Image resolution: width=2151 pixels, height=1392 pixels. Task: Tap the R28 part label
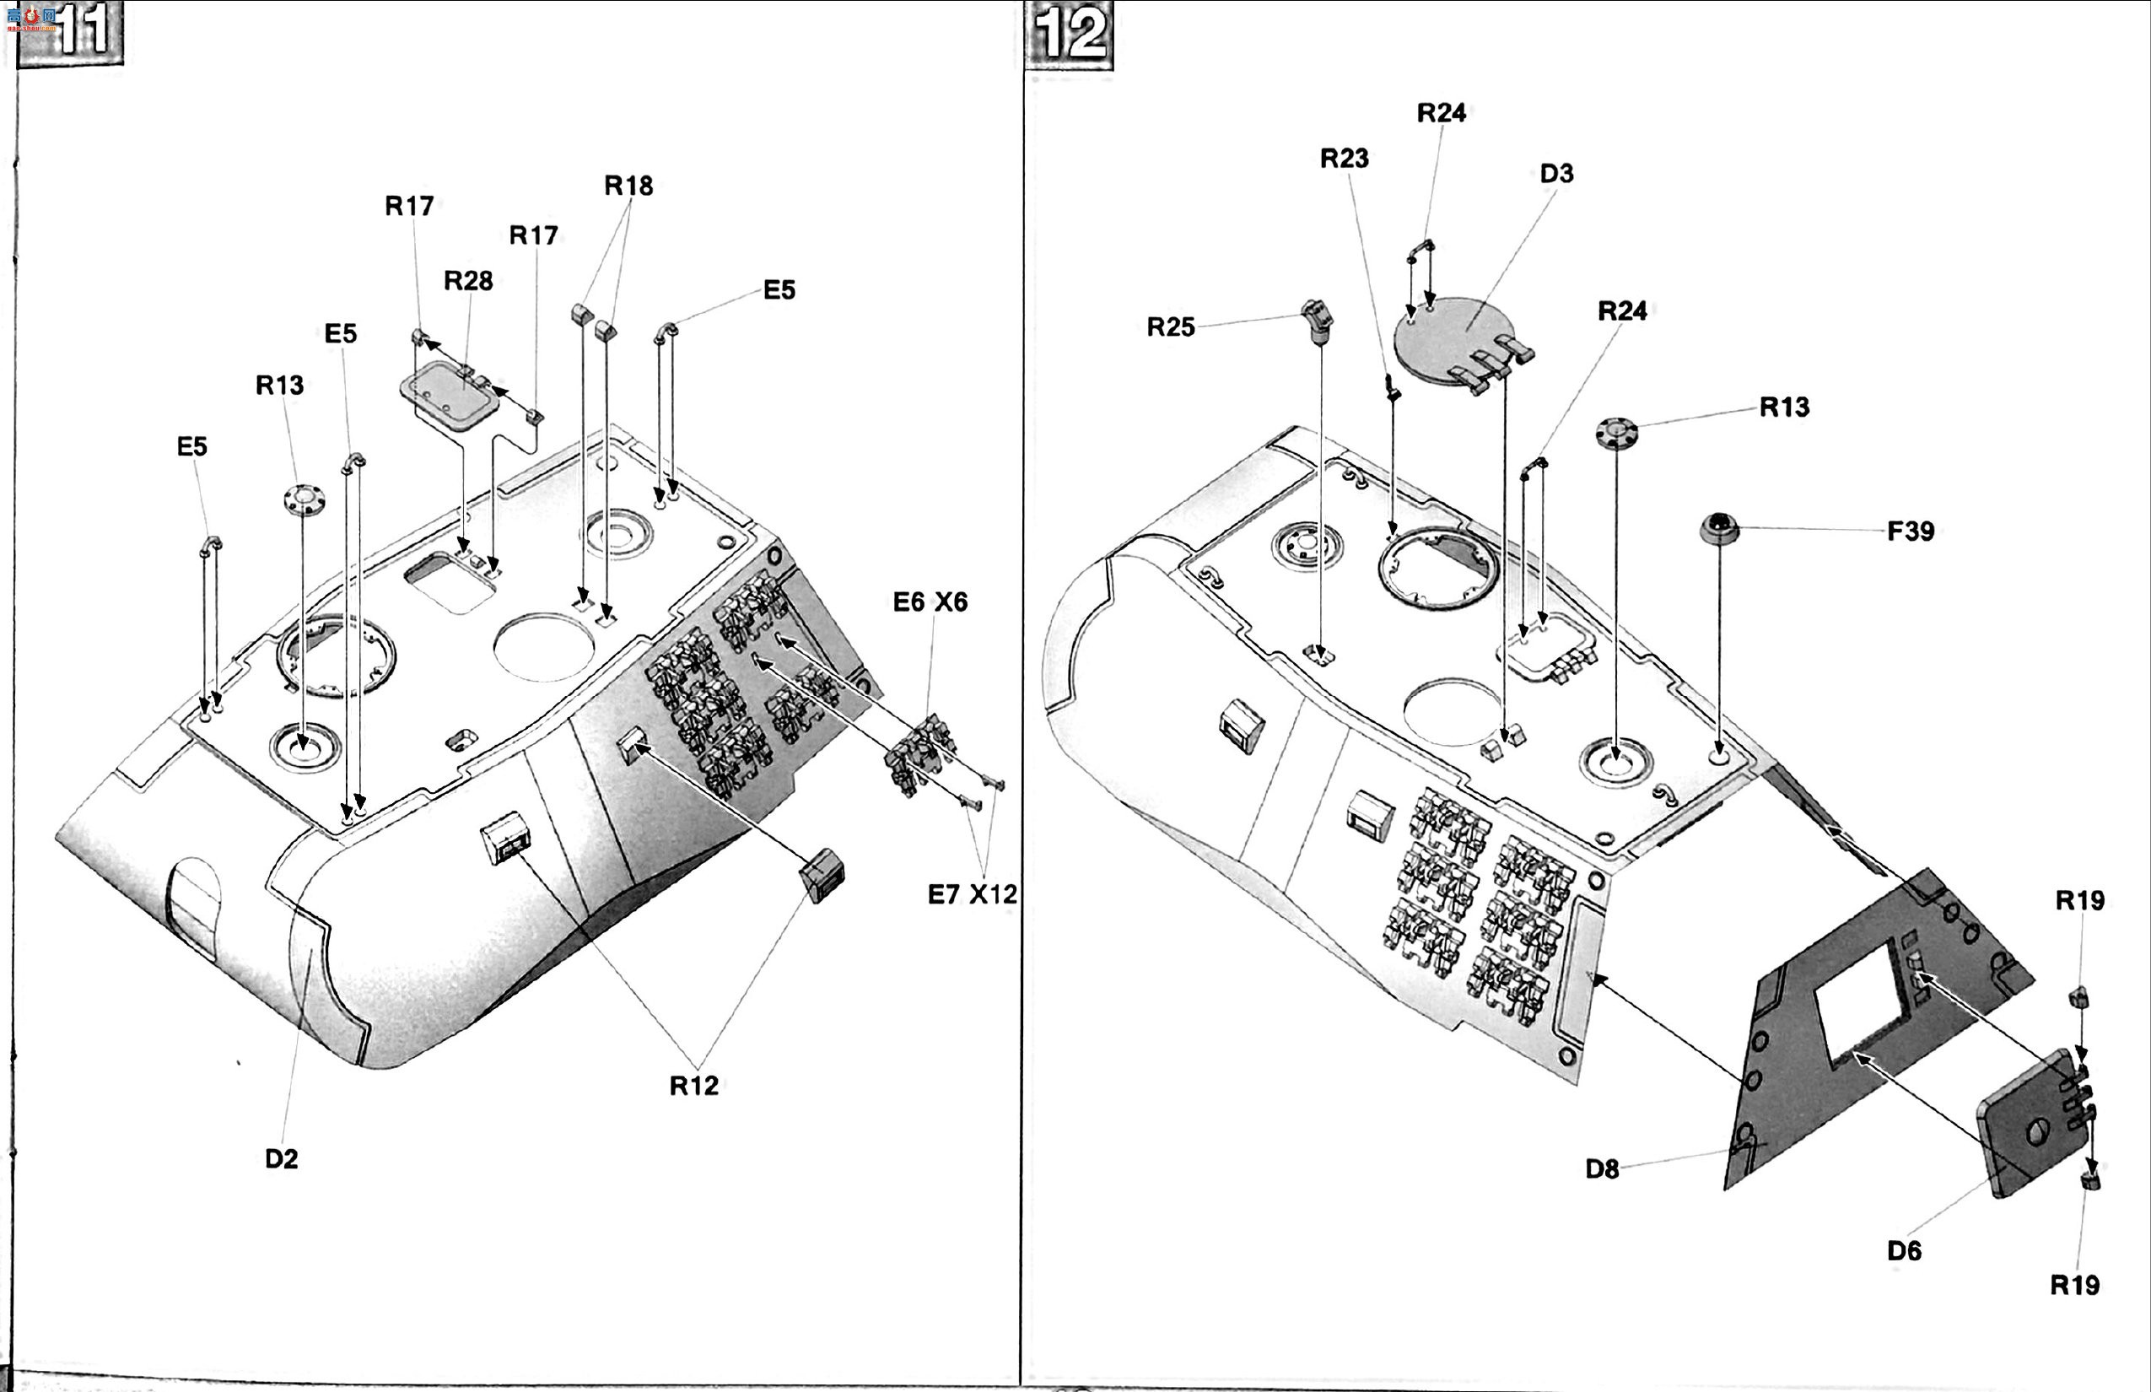click(x=468, y=281)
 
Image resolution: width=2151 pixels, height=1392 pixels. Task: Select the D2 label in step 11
click(x=281, y=1159)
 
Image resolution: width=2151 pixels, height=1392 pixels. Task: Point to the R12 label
click(x=694, y=1086)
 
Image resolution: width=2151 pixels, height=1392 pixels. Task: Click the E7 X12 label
click(x=973, y=894)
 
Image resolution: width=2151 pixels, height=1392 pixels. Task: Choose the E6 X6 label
click(x=930, y=602)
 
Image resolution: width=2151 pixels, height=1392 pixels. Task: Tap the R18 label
click(x=628, y=186)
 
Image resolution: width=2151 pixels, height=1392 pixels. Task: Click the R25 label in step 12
click(x=1171, y=326)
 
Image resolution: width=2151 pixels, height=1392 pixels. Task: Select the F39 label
click(x=1911, y=531)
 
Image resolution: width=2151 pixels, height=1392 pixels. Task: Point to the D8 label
click(x=1603, y=1168)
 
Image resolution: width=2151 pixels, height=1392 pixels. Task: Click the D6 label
click(x=1905, y=1251)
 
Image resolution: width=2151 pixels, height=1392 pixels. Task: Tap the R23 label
click(x=1344, y=159)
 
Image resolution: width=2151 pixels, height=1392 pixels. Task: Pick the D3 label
click(x=1556, y=174)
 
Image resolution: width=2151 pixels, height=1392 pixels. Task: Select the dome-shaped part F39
click(x=1719, y=528)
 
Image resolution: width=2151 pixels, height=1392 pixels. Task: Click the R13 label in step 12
click(x=1785, y=407)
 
